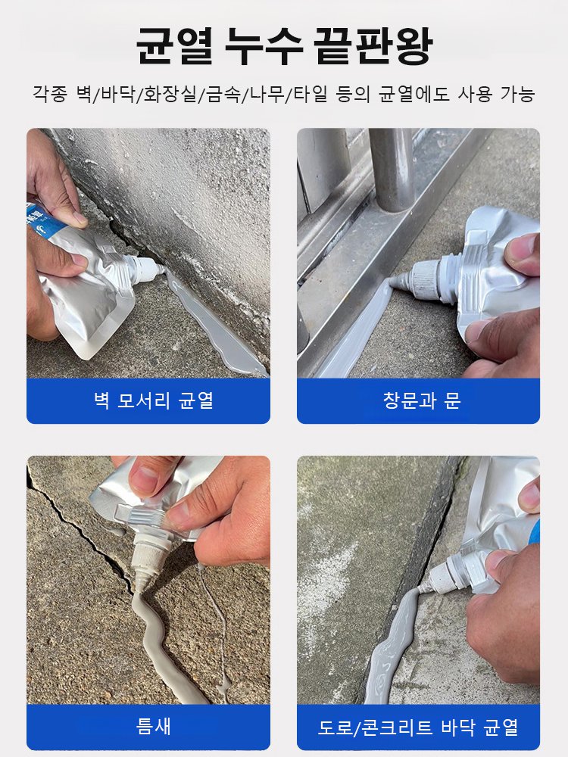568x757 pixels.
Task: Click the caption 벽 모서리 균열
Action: tap(148, 401)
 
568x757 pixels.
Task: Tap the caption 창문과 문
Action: tap(418, 401)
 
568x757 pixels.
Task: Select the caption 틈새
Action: tap(148, 727)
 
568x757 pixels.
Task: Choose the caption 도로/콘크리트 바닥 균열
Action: tap(418, 727)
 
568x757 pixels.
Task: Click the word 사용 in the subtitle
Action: tap(475, 95)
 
